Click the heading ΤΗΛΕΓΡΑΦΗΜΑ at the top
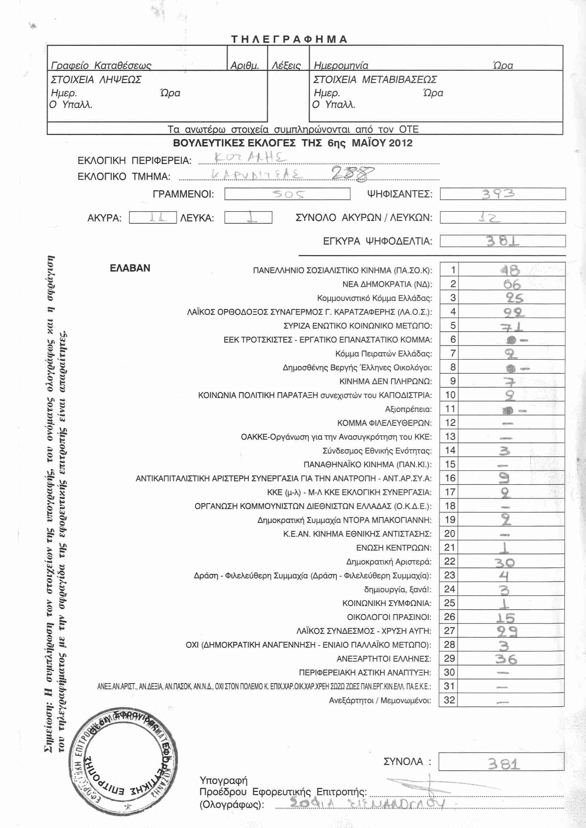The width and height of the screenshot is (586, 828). click(x=289, y=39)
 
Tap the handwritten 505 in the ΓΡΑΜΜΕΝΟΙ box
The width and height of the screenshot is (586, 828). click(x=288, y=194)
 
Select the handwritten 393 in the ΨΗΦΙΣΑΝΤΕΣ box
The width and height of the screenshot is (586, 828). click(x=498, y=194)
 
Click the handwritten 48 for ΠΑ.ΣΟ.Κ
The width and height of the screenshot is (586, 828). click(x=510, y=270)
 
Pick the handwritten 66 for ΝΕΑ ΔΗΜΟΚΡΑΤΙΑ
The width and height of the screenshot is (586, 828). click(x=512, y=284)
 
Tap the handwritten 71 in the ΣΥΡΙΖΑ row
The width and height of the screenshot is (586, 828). click(x=511, y=327)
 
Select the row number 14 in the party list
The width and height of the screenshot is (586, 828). click(x=450, y=450)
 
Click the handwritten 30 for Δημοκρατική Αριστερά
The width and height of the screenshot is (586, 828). click(x=505, y=562)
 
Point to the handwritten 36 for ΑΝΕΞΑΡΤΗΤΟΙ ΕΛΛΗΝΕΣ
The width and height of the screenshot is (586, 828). click(x=506, y=659)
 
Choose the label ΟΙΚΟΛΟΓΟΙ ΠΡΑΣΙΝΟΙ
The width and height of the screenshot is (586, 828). click(x=389, y=617)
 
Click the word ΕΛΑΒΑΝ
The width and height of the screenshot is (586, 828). click(x=130, y=268)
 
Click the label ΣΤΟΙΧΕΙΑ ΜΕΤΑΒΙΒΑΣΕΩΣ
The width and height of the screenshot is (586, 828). click(x=375, y=80)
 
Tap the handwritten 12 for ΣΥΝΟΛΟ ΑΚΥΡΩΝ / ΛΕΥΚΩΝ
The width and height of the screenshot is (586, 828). click(x=490, y=218)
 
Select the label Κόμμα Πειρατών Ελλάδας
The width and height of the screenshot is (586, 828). click(x=384, y=354)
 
